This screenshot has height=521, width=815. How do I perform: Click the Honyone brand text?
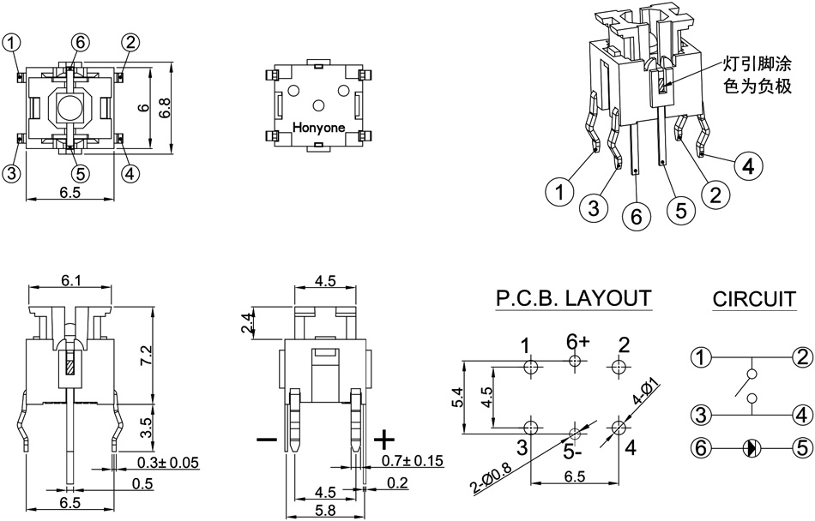tap(319, 128)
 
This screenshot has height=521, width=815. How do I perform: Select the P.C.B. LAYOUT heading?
tap(573, 298)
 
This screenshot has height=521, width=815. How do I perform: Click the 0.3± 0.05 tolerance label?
tap(168, 463)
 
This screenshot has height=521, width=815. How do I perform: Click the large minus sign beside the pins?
tap(267, 440)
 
